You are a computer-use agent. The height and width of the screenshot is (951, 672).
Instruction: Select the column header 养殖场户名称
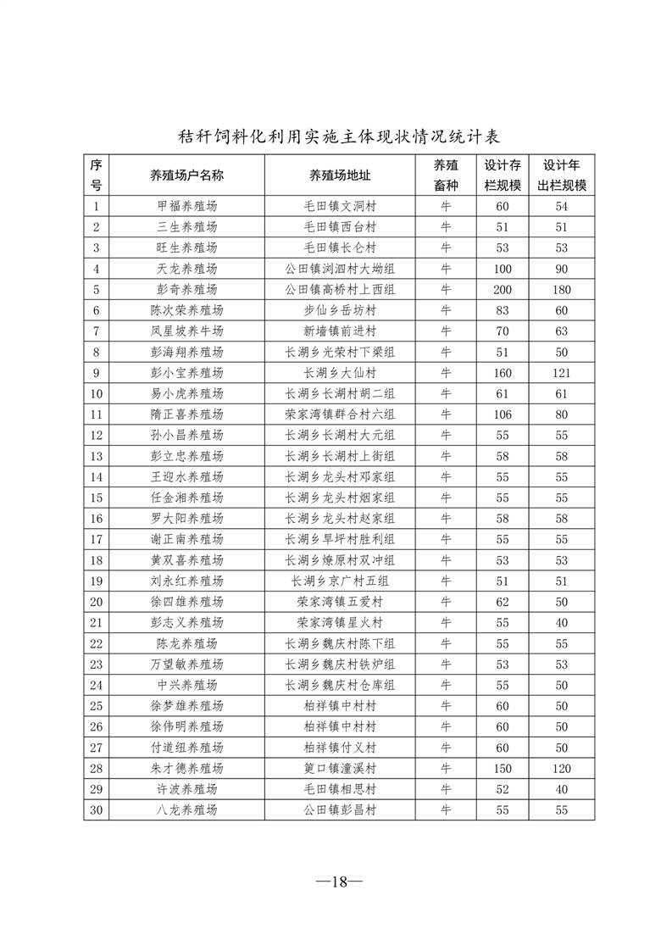click(x=187, y=175)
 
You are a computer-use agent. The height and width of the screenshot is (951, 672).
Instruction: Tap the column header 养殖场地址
click(x=340, y=175)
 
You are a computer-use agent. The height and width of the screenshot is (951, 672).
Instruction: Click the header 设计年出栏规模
click(x=562, y=175)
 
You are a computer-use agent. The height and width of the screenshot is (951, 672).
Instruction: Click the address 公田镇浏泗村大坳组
click(x=340, y=269)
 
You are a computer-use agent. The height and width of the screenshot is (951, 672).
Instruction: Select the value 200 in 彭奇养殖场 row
click(x=503, y=290)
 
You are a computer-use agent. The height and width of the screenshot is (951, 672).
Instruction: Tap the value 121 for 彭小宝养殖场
click(x=561, y=373)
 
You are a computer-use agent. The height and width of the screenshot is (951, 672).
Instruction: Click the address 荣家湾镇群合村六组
click(x=340, y=414)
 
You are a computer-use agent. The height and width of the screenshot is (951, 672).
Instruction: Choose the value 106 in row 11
click(x=503, y=414)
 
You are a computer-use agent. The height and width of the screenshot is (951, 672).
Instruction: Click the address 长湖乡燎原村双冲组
click(x=340, y=560)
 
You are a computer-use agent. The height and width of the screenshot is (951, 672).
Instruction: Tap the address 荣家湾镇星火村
click(x=340, y=623)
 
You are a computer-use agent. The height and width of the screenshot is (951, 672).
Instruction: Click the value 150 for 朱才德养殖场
click(x=503, y=769)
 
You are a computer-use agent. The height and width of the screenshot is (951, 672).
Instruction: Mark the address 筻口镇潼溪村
click(x=340, y=769)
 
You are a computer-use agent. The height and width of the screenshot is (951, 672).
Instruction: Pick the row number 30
click(x=97, y=810)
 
